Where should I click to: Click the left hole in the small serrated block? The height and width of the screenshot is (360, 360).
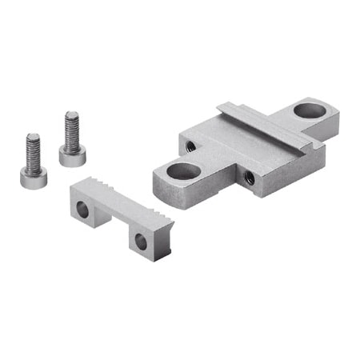click(82, 210)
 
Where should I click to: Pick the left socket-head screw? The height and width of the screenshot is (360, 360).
click(31, 164)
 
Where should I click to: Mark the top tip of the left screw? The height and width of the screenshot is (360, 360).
click(33, 137)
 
